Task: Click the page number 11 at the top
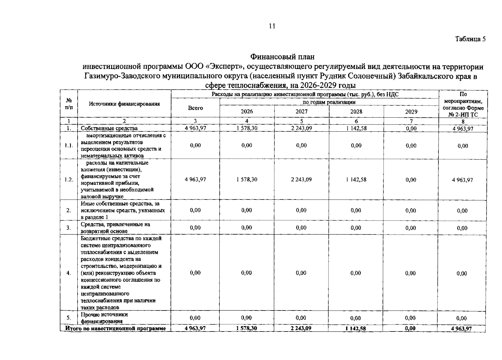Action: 272,26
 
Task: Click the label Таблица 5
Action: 470,39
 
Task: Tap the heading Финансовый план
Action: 282,56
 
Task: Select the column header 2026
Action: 247,112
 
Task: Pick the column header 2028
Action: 356,112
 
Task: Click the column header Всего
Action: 195,108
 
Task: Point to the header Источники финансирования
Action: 124,104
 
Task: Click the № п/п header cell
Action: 69,104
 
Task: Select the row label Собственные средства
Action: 109,128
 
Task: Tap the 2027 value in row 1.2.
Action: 301,179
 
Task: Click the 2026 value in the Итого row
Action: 246,328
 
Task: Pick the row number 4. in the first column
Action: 69,273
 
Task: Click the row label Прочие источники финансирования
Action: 104,318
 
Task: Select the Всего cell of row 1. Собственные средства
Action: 195,128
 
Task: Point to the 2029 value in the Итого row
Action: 410,328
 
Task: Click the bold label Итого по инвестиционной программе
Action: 115,328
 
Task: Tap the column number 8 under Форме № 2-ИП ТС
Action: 463,121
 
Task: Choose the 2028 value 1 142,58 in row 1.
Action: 356,128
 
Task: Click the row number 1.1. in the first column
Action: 69,145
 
